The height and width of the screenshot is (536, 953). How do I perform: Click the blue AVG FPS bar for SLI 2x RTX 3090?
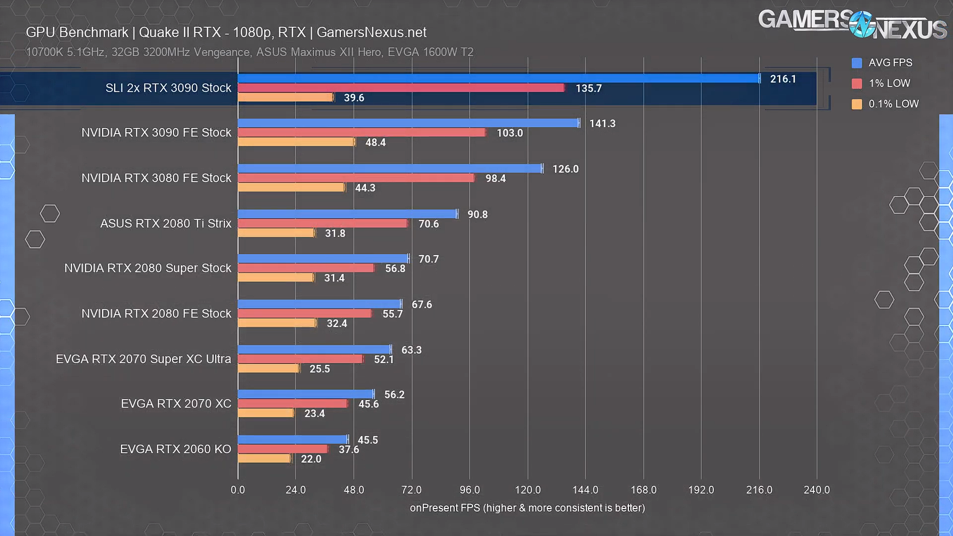tap(498, 78)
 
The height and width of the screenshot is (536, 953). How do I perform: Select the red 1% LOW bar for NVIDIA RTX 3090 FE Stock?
tap(362, 133)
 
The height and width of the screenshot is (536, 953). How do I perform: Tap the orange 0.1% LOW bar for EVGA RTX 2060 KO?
tap(265, 459)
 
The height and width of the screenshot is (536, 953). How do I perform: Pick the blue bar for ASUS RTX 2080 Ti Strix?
tap(347, 214)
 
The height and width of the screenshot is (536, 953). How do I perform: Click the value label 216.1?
tap(783, 79)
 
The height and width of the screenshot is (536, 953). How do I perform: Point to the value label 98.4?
tap(495, 178)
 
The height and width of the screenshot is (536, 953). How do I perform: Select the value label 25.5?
tap(320, 369)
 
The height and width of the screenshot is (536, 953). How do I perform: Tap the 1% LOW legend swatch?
tap(857, 83)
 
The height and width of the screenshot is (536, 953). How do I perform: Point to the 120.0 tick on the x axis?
tap(528, 490)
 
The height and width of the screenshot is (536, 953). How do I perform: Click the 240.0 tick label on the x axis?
tap(817, 490)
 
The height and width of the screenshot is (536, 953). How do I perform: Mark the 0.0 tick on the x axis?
tap(238, 490)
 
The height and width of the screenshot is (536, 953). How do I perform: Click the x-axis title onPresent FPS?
tap(527, 508)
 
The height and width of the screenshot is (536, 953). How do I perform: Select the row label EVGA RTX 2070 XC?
tap(176, 403)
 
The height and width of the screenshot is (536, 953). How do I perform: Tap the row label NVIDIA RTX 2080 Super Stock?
tap(148, 268)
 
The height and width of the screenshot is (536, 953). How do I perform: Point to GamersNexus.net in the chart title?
tap(371, 32)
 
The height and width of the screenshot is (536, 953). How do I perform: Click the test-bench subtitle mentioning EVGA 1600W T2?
tap(250, 52)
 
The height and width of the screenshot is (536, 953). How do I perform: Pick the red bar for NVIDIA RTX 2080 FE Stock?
tap(305, 314)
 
